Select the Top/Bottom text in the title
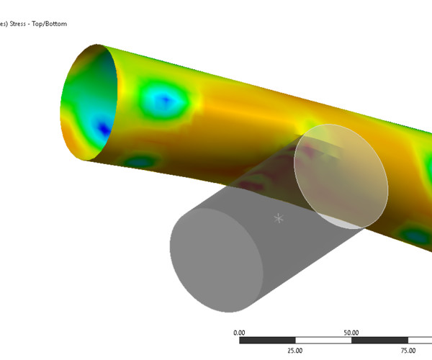point(55,23)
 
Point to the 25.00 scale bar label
point(295,351)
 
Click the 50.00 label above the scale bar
point(352,333)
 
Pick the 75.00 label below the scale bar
point(408,351)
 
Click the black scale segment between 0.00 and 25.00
point(267,341)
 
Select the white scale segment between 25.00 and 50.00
point(323,341)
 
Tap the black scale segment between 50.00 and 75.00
point(380,341)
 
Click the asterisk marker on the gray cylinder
point(279,217)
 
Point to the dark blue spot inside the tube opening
point(104,129)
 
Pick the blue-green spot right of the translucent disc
point(414,235)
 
